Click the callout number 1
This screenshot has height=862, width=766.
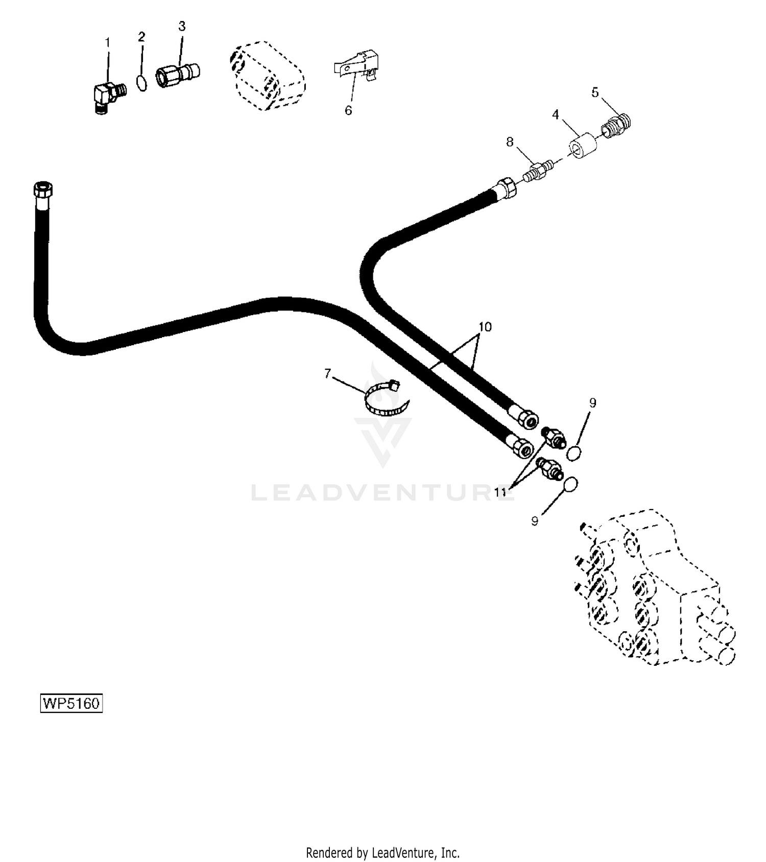(x=107, y=42)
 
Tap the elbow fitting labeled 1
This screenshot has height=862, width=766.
(x=109, y=98)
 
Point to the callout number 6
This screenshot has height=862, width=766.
(x=348, y=110)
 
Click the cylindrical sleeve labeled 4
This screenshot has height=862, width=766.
(x=583, y=145)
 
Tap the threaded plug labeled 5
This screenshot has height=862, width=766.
(x=616, y=126)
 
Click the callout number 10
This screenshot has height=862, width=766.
(x=485, y=326)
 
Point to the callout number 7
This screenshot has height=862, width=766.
(x=328, y=374)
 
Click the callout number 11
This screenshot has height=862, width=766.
(x=500, y=492)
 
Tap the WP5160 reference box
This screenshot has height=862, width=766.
(x=71, y=703)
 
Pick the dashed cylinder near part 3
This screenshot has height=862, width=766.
(x=267, y=77)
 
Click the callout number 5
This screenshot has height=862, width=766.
(x=595, y=92)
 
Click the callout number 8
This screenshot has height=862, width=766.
(x=509, y=142)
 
